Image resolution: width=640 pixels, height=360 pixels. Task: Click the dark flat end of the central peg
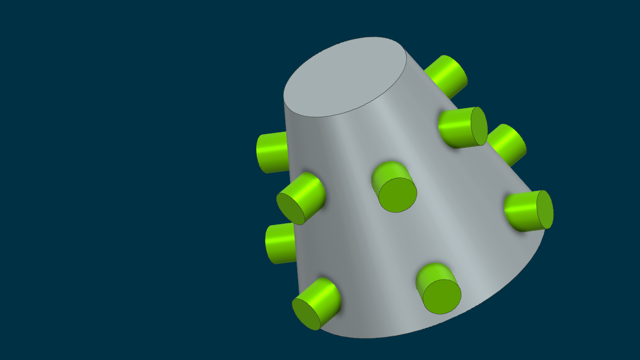[398, 195]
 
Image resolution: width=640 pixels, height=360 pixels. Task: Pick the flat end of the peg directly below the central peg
[442, 297]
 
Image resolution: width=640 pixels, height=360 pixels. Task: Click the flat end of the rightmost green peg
[545, 210]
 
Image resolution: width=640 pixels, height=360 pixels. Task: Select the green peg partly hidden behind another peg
[508, 143]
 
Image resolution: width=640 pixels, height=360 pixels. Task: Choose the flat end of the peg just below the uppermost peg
[479, 126]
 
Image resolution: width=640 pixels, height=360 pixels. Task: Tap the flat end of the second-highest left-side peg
[290, 209]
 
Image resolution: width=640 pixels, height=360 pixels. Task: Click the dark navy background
[114, 182]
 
